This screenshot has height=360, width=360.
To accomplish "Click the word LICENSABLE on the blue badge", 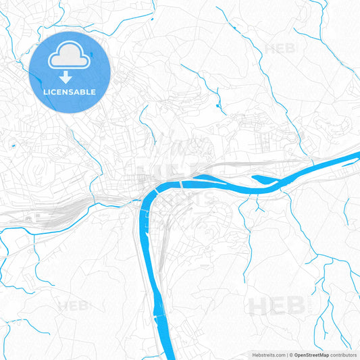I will pyautogui.click(x=70, y=91).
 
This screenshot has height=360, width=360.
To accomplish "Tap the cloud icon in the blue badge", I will pyautogui.click(x=70, y=58).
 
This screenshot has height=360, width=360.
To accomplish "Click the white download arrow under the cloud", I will pyautogui.click(x=70, y=76).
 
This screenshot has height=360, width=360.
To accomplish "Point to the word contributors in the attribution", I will pyautogui.click(x=343, y=355).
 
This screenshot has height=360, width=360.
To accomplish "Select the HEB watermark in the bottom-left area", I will pyautogui.click(x=73, y=306).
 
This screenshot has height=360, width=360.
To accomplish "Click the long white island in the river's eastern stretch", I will pyautogui.click(x=265, y=179).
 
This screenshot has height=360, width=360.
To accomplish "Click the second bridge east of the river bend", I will pyautogui.click(x=181, y=182).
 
